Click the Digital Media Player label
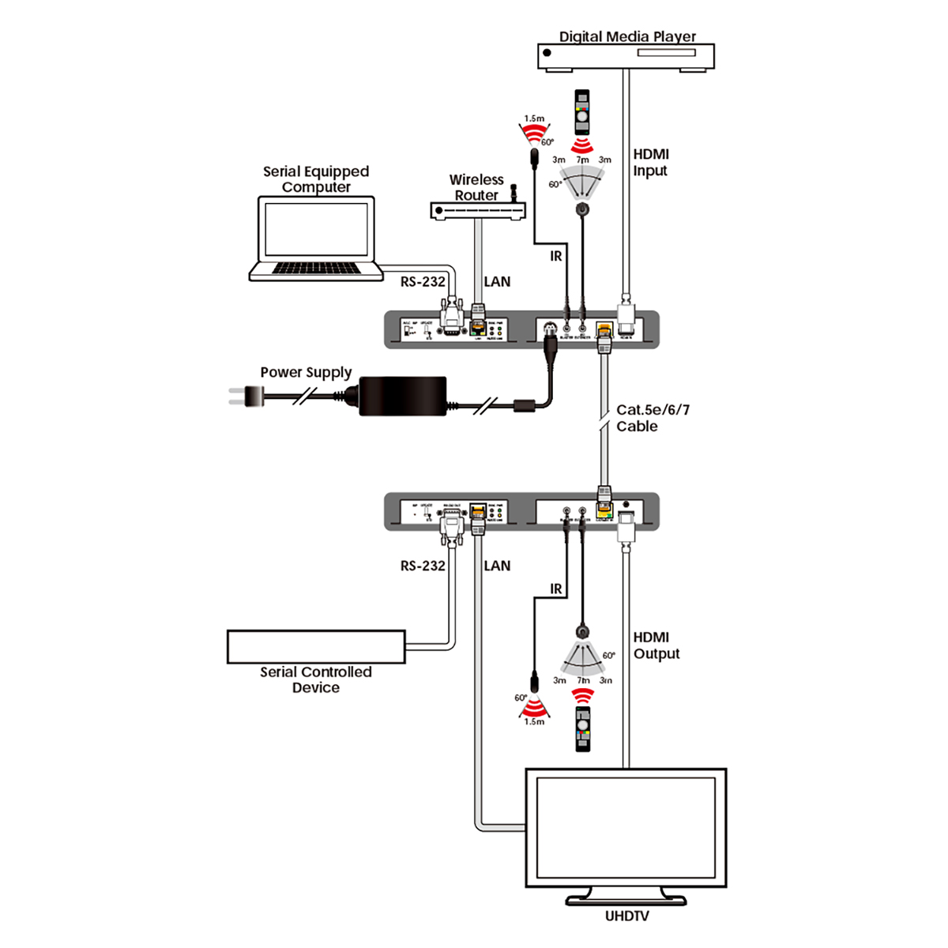tap(627, 36)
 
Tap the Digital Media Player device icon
tap(626, 56)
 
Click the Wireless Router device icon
tap(477, 211)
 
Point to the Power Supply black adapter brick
tap(402, 396)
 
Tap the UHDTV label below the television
tap(626, 916)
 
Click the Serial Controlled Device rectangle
tap(316, 646)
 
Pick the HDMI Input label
tap(650, 163)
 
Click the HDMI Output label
tap(656, 645)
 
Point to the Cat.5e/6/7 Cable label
tap(652, 418)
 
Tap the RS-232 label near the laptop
tap(423, 282)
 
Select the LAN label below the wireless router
tap(497, 282)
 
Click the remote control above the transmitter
tap(582, 111)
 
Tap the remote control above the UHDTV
tap(582, 730)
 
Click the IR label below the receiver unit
tap(556, 589)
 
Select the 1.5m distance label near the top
tap(534, 118)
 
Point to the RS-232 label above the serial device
tap(423, 566)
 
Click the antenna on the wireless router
tap(512, 194)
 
